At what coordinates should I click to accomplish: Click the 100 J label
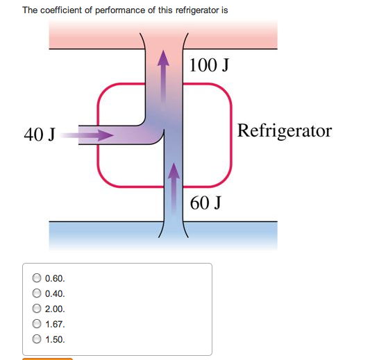tap(209, 66)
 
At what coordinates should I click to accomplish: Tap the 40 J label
tap(40, 135)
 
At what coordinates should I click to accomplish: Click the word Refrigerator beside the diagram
tap(284, 130)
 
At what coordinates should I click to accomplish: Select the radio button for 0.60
tap(36, 278)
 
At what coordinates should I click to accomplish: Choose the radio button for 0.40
tap(36, 293)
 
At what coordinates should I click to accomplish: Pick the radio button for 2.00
tap(36, 309)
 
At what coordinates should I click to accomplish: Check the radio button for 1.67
tap(36, 324)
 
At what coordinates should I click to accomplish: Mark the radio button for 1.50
tap(36, 340)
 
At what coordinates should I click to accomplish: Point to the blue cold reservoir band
tap(83, 235)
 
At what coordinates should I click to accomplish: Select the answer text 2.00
tap(55, 309)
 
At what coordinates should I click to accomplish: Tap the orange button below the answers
tap(47, 358)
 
